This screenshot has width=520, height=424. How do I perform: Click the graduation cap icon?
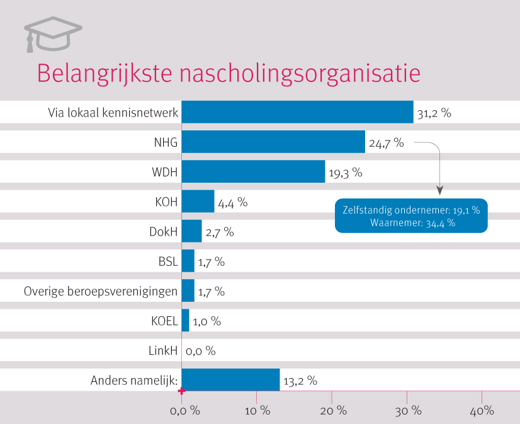(53, 34)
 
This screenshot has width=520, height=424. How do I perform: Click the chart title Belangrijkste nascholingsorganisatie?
(228, 72)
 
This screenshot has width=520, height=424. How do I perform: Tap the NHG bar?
(273, 142)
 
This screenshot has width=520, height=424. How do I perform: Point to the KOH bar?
(198, 202)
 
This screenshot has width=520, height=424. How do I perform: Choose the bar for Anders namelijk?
(230, 380)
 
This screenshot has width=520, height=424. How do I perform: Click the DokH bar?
(191, 231)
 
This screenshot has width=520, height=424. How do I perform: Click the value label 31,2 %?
(434, 114)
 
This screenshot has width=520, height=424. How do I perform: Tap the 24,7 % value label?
(386, 143)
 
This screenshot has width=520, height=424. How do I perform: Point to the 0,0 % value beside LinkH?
(201, 350)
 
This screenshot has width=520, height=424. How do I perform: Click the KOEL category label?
(165, 321)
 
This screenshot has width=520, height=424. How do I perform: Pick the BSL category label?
(168, 261)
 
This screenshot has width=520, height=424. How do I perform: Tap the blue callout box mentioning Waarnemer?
(411, 216)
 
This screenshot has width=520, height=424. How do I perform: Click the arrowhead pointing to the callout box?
(439, 190)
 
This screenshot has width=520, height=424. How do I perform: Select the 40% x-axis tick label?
(481, 411)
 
